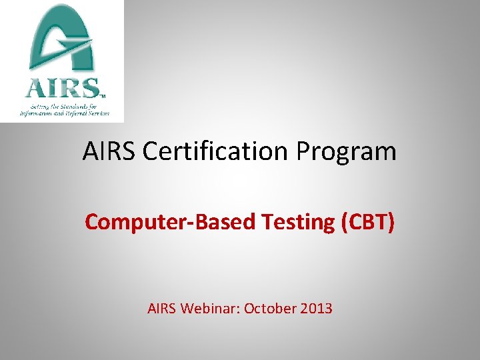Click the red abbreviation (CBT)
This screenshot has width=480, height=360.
click(x=367, y=222)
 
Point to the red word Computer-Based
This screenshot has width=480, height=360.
click(x=170, y=222)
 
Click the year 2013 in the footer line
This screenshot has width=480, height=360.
click(x=315, y=309)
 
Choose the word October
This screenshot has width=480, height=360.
click(x=269, y=309)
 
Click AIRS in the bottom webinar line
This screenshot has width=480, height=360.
click(x=163, y=309)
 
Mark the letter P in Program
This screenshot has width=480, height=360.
click(x=304, y=152)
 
